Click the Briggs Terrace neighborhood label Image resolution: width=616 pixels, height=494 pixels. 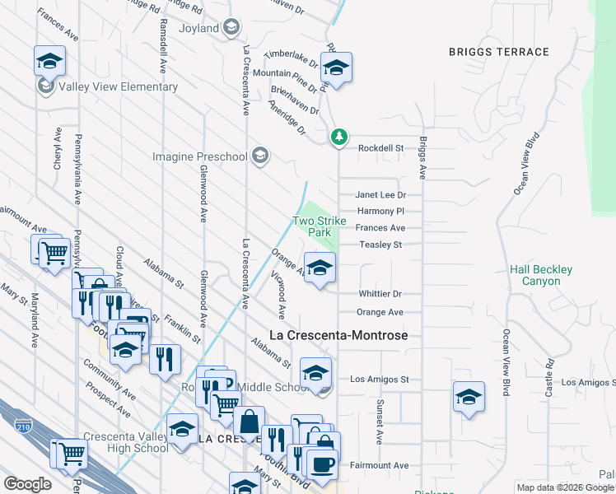tap(498, 52)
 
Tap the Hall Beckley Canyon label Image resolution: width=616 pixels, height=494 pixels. tap(540, 275)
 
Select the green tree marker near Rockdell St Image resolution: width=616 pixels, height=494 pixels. tap(338, 137)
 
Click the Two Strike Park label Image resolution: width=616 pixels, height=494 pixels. tap(314, 226)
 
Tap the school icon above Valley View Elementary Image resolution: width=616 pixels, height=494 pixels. tap(49, 62)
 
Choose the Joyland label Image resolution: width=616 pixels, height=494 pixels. tap(199, 29)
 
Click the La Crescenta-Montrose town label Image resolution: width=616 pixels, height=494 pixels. tap(339, 336)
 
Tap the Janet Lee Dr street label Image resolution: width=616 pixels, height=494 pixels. tap(380, 195)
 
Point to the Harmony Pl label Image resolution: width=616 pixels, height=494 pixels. tap(380, 212)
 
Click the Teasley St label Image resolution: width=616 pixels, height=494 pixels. tap(380, 245)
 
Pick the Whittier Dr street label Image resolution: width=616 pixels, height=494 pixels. tap(380, 294)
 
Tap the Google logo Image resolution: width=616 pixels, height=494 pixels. tap(28, 484)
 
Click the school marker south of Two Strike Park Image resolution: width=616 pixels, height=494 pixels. tap(320, 268)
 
